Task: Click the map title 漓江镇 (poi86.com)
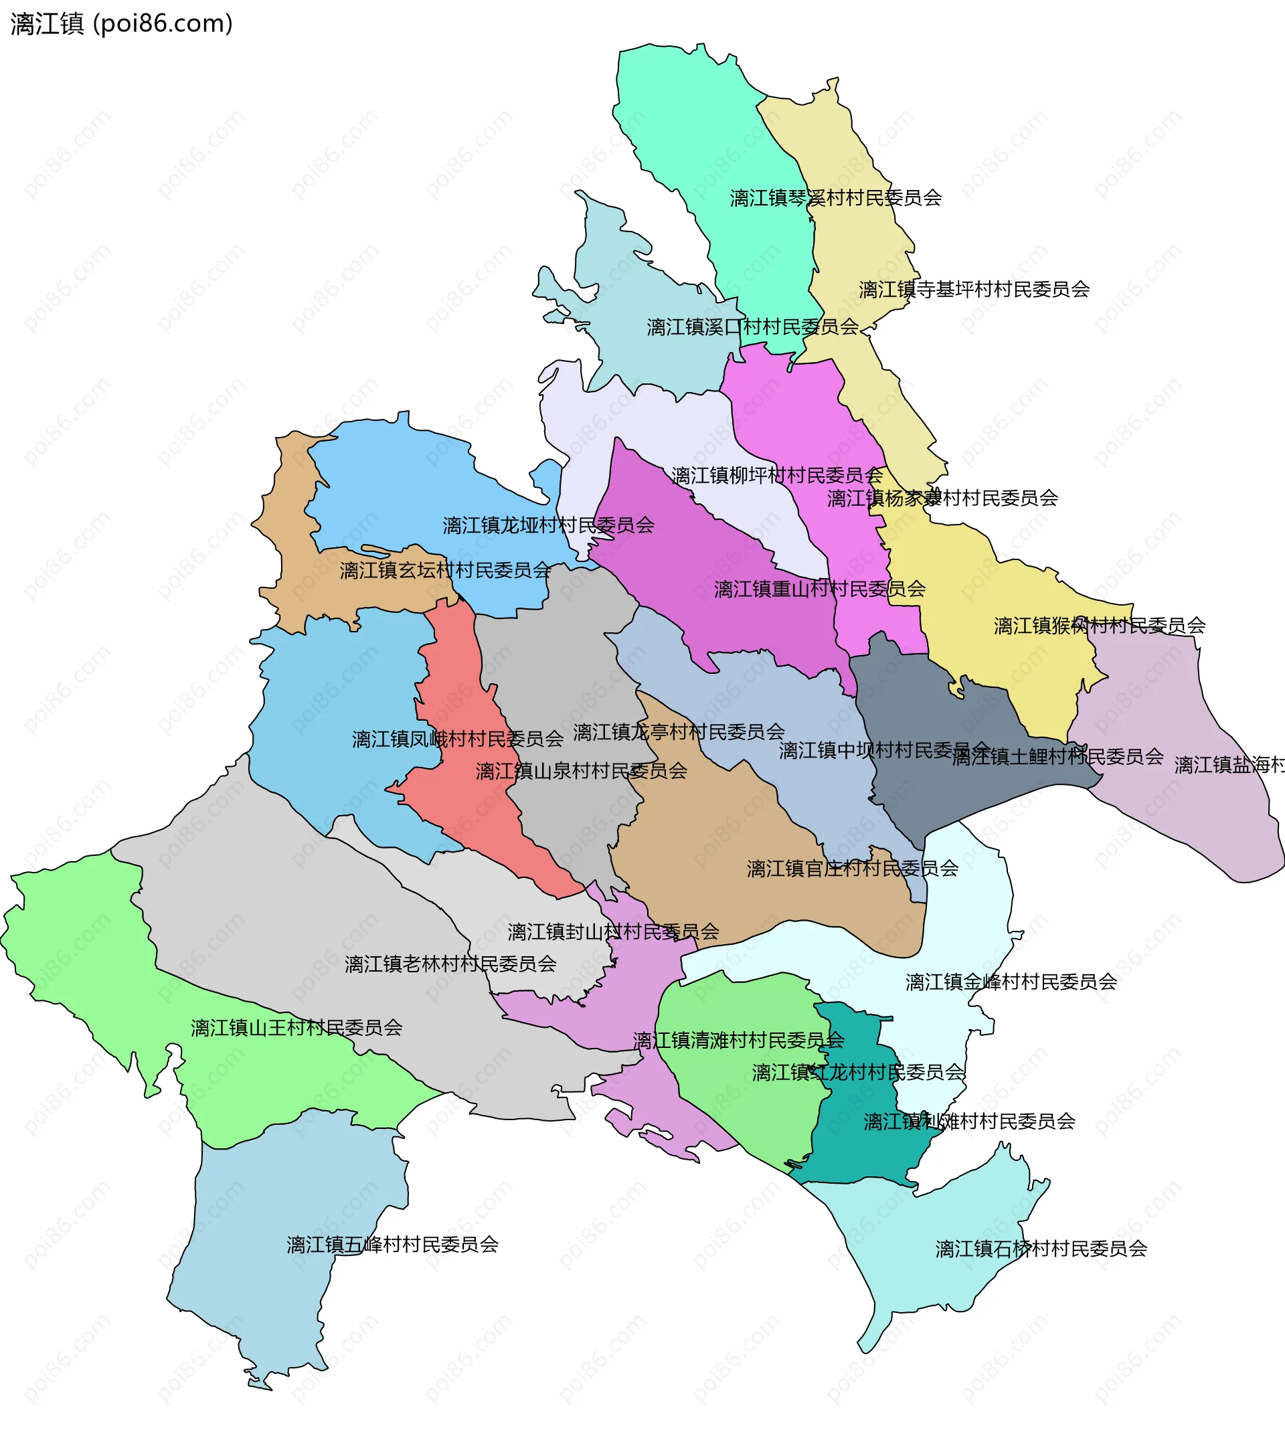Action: point(121,24)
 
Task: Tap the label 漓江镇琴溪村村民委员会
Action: point(835,198)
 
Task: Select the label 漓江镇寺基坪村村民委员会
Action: point(974,290)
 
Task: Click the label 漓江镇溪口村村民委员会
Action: point(752,328)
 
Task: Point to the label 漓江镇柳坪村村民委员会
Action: point(776,476)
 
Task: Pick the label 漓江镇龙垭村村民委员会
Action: point(548,525)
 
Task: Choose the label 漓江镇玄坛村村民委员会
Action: point(445,571)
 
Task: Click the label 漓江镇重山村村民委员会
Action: point(819,589)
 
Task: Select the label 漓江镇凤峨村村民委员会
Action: point(458,739)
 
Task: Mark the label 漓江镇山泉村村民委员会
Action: point(581,771)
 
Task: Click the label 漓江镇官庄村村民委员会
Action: point(852,869)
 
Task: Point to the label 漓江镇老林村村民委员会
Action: point(450,964)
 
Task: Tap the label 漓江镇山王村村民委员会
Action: point(296,1027)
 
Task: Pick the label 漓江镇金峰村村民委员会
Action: point(1011,982)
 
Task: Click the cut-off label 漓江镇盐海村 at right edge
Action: point(1229,766)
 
